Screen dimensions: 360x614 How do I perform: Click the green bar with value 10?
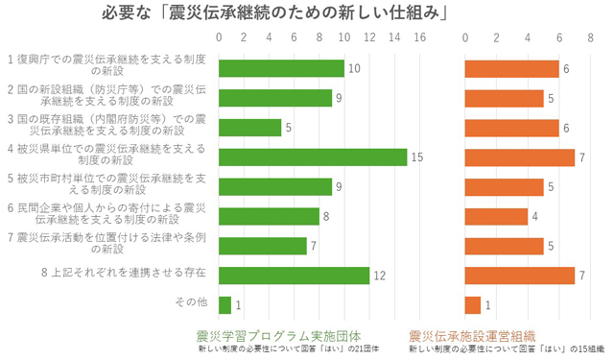pos(281,69)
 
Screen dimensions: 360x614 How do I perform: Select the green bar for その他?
pos(225,305)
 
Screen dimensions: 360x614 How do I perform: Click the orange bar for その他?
pos(473,305)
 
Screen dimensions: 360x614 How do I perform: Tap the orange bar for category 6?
pos(496,216)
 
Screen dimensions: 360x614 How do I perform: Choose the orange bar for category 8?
pos(519,276)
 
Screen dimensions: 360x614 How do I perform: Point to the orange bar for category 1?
pos(511,69)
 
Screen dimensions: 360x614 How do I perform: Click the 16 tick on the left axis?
pos(419,38)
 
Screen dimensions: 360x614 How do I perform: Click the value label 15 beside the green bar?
pos(415,156)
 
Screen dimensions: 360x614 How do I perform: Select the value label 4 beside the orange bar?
pos(535,216)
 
